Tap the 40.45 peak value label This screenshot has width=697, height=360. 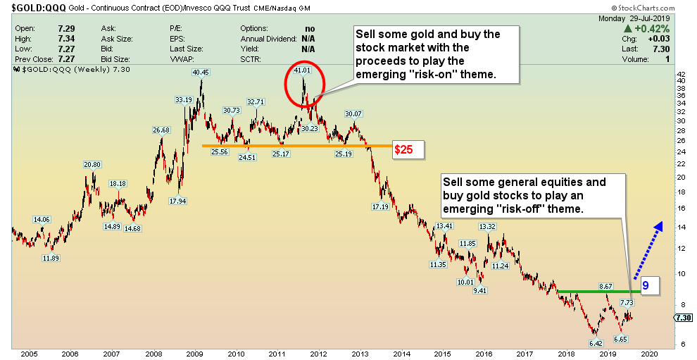201,71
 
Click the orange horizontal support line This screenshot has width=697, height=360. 296,146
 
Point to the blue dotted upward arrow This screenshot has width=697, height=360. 648,251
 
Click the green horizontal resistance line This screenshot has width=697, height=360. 598,291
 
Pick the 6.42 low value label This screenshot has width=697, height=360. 596,342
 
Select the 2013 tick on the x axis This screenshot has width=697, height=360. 360,353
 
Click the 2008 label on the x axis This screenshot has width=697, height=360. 153,353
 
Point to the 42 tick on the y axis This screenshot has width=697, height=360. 680,74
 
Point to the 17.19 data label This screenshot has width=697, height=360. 381,206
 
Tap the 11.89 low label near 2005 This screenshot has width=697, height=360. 50,259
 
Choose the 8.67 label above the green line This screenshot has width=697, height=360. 605,286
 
